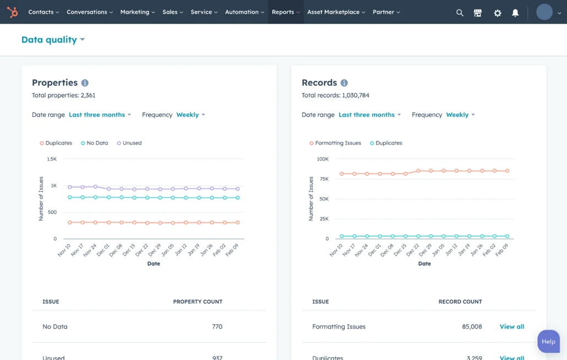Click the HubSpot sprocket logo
click(x=12, y=12)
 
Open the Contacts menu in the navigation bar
click(x=43, y=12)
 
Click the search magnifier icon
click(x=460, y=13)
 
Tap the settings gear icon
click(x=497, y=13)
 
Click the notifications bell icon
click(x=515, y=13)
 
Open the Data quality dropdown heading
click(x=53, y=40)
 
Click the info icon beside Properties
click(x=85, y=83)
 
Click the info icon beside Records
click(x=344, y=83)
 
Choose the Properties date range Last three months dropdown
click(x=100, y=115)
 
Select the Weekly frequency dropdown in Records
click(x=460, y=115)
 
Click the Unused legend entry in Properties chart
click(x=129, y=143)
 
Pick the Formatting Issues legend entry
click(x=335, y=143)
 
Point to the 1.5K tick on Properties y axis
click(x=52, y=159)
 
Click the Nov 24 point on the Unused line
click(x=96, y=187)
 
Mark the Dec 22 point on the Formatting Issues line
click(x=418, y=171)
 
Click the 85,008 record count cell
click(x=472, y=327)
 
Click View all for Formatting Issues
click(x=511, y=327)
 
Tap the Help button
click(x=548, y=341)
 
